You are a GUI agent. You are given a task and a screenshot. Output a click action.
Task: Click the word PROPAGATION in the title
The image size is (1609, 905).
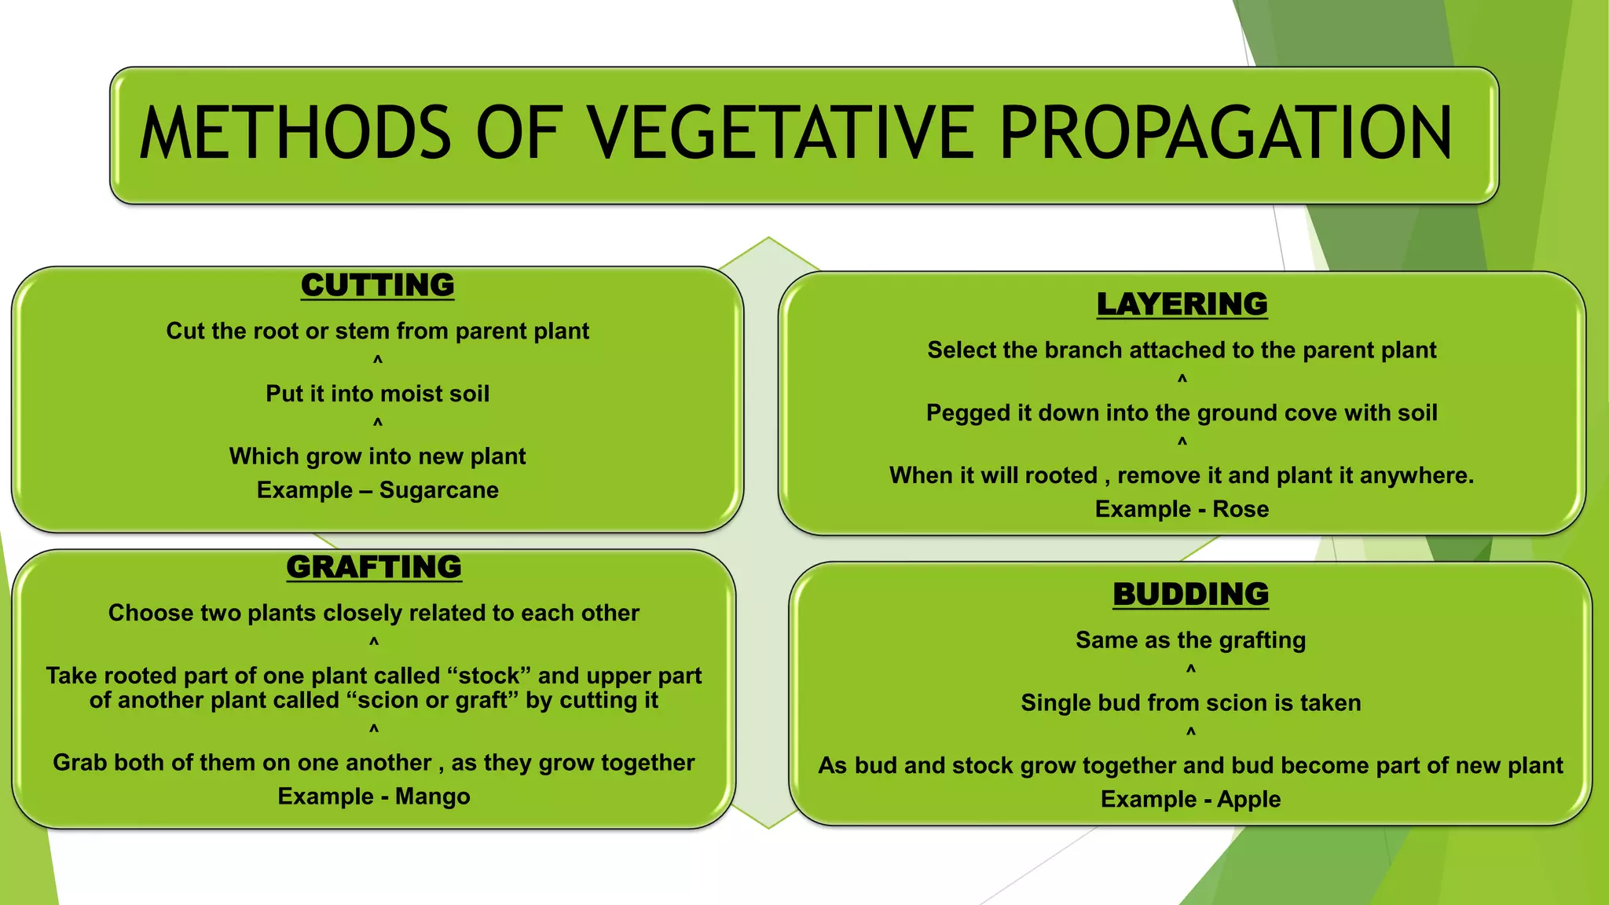click(x=1226, y=134)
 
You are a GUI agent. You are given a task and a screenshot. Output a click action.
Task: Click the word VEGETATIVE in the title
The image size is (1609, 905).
click(x=781, y=134)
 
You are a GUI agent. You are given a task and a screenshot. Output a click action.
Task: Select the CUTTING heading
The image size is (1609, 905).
click(x=377, y=285)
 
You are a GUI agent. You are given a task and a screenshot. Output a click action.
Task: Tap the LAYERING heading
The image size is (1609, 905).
click(x=1182, y=304)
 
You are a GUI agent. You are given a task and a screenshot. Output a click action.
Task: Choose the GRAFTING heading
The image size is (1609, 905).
click(x=374, y=567)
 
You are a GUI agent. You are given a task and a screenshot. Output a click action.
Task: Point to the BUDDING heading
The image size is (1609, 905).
click(x=1190, y=595)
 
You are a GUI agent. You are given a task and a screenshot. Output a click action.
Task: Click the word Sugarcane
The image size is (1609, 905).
click(x=438, y=490)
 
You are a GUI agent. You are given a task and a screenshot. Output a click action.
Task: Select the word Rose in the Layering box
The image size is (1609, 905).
click(x=1241, y=509)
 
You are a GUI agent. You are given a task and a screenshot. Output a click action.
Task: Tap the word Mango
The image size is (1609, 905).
click(x=432, y=797)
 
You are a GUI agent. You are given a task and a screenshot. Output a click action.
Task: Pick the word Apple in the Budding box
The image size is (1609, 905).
click(x=1248, y=800)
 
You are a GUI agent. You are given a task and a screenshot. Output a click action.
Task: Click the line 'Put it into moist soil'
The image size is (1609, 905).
click(x=377, y=394)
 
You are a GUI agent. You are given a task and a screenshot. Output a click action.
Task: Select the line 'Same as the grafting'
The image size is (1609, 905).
click(x=1190, y=640)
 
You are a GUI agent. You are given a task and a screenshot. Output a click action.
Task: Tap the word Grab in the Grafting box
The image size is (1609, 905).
click(x=79, y=763)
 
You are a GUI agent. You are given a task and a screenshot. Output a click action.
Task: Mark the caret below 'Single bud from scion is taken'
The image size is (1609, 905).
click(x=1191, y=732)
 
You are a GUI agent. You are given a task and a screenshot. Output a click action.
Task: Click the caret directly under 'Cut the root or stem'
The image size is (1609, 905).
click(x=378, y=360)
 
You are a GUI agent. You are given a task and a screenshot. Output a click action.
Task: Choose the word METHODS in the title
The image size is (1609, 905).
click(x=295, y=134)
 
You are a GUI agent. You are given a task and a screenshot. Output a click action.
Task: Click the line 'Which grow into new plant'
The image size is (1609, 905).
click(x=377, y=456)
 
